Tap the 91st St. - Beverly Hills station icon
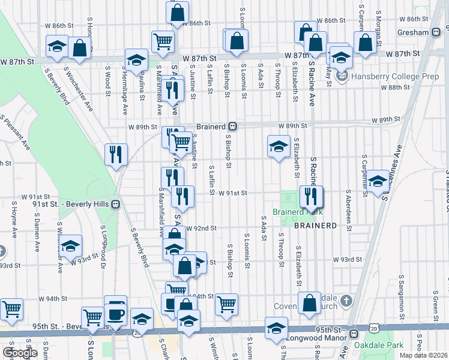pyautogui.click(x=115, y=204)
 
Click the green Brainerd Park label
pyautogui.click(x=298, y=212)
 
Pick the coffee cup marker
pyautogui.click(x=115, y=313)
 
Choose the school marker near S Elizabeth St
pyautogui.click(x=278, y=146)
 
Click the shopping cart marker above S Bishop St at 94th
pyautogui.click(x=226, y=304)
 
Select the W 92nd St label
pyautogui.click(x=200, y=229)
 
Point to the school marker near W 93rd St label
pyautogui.click(x=71, y=245)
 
